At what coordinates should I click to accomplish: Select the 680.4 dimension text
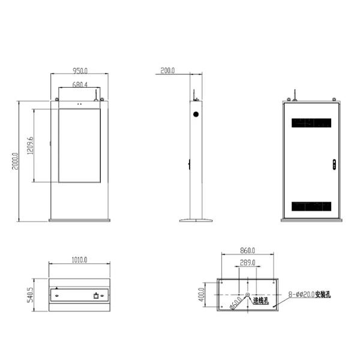(79, 85)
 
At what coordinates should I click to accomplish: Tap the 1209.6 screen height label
(30, 146)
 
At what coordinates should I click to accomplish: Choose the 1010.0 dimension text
(79, 260)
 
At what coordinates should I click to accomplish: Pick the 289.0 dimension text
(247, 263)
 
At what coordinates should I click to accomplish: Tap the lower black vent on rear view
(311, 206)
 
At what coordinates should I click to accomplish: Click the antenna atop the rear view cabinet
(293, 95)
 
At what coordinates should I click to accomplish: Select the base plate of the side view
(197, 220)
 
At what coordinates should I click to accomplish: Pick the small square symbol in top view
(96, 295)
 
